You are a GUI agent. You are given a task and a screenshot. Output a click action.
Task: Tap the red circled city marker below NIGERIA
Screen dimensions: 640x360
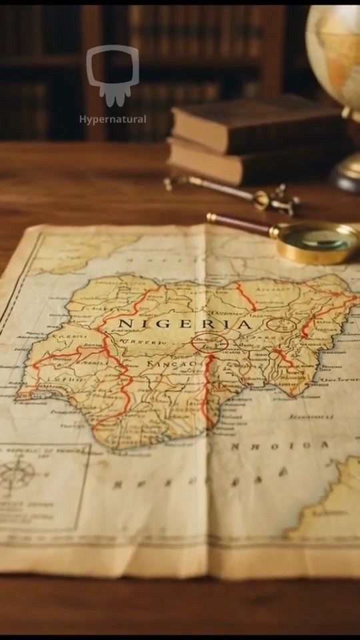pyautogui.click(x=209, y=344)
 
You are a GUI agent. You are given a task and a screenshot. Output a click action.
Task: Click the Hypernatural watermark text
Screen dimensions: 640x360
pyautogui.click(x=113, y=119)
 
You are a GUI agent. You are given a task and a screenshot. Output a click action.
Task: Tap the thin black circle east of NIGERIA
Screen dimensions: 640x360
pyautogui.click(x=281, y=325)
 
